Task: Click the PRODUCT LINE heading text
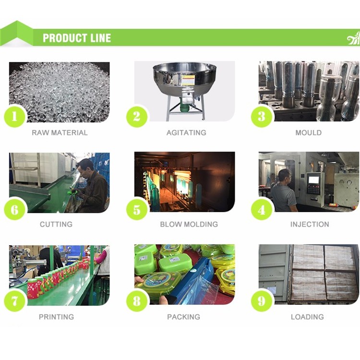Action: (77, 38)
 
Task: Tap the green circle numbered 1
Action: (15, 116)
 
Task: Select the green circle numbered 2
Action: (137, 116)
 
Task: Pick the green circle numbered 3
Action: (262, 116)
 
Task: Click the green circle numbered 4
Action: (262, 210)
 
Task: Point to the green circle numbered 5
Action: (137, 210)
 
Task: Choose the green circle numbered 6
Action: (15, 210)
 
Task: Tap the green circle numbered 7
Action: (15, 301)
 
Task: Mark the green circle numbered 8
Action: (137, 301)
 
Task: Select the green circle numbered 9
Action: (262, 301)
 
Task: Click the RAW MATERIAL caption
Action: (60, 132)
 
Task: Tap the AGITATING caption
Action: (186, 132)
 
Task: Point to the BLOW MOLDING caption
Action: (189, 224)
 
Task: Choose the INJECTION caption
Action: (310, 224)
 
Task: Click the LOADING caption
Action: (307, 317)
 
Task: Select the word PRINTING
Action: (57, 317)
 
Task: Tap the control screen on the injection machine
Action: (313, 180)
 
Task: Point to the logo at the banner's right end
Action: (354, 38)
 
